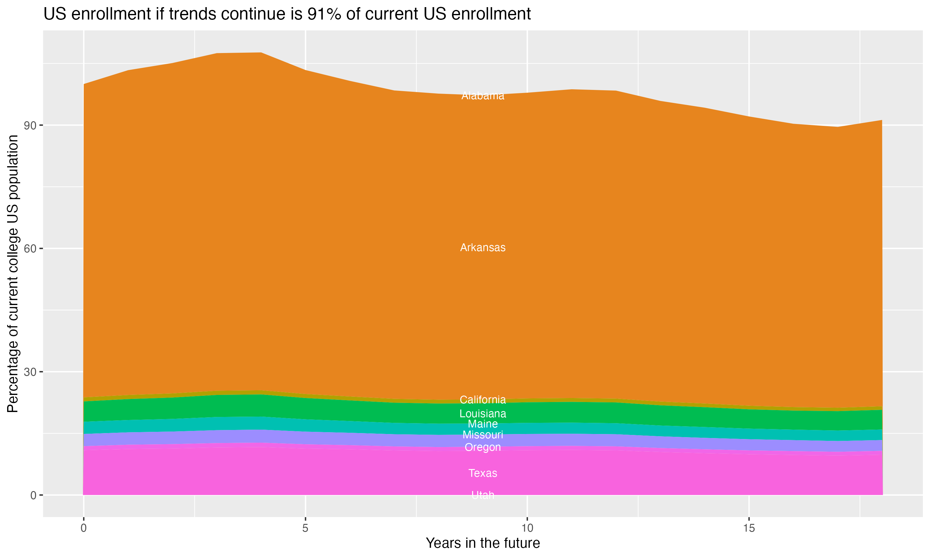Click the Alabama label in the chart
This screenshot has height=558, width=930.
pos(483,96)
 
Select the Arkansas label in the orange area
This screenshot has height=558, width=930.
pos(483,247)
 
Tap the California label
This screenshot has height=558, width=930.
pos(483,400)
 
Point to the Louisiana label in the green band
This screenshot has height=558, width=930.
pos(483,414)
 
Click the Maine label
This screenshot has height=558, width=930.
pos(483,424)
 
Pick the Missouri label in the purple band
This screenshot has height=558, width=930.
pos(483,435)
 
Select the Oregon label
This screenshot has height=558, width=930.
pos(483,447)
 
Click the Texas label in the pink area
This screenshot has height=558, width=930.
pos(483,473)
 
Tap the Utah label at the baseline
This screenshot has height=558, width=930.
pos(483,495)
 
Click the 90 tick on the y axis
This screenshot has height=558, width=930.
pos(30,125)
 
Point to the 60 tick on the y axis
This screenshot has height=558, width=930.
pos(30,249)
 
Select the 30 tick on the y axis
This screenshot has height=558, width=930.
pos(30,372)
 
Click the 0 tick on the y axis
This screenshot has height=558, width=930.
pos(33,495)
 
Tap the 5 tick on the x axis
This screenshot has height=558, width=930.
pos(305,528)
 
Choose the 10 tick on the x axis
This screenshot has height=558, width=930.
pos(527,528)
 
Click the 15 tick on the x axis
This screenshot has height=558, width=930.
pos(749,528)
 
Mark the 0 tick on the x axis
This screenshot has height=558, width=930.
pos(83,528)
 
